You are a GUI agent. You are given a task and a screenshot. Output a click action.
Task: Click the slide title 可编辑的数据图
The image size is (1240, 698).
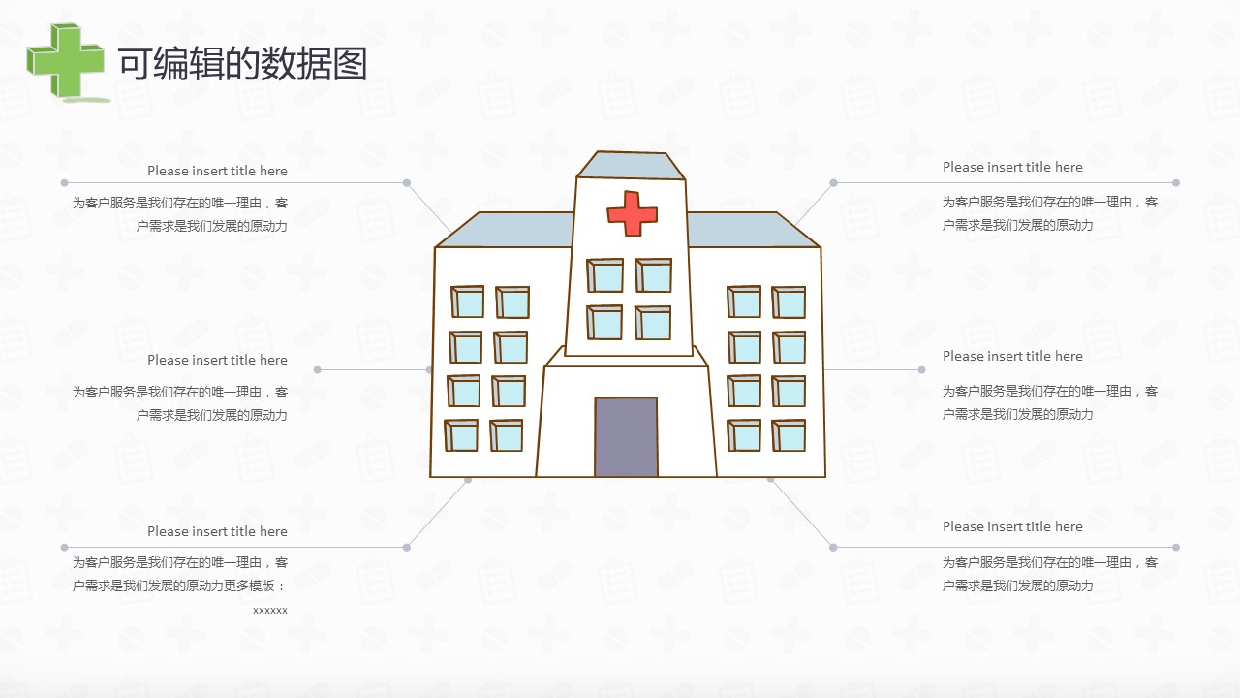[x=242, y=64]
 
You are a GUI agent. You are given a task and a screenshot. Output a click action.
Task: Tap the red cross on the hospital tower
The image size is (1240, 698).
[x=633, y=213]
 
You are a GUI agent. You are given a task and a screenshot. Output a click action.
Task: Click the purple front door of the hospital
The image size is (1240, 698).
[x=626, y=436]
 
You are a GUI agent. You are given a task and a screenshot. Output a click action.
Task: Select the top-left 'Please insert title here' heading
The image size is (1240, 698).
[x=217, y=171]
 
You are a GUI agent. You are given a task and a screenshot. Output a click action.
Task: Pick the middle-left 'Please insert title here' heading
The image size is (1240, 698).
[x=217, y=360]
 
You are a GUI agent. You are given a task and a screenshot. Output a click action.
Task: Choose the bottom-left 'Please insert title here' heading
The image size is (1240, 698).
[x=217, y=531]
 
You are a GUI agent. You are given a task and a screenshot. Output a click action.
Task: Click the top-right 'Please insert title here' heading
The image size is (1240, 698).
[x=1012, y=167]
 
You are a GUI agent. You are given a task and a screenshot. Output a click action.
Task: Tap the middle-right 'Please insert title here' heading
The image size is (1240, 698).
[x=1012, y=356]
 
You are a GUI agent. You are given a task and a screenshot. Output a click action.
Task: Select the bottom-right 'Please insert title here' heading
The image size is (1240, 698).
[x=1012, y=526]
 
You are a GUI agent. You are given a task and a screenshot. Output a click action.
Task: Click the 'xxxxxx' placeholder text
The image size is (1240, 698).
[x=270, y=611]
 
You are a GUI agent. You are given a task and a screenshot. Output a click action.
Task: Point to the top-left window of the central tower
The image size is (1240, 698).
[x=605, y=275]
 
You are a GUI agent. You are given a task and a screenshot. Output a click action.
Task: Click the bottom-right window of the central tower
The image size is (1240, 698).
[x=653, y=323]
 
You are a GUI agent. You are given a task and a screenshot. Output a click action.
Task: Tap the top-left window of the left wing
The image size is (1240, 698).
[x=468, y=301]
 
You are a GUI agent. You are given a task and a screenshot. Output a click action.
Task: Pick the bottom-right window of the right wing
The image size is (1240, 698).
[x=789, y=435]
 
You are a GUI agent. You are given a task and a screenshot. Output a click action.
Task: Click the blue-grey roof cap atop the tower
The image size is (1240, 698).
[x=631, y=165]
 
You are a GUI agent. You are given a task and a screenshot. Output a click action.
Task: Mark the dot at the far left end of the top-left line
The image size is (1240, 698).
[x=64, y=183]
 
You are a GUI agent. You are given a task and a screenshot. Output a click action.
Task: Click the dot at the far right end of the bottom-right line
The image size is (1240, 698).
[x=1176, y=548]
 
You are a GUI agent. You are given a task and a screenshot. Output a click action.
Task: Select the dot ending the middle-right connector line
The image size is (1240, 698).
[x=921, y=370]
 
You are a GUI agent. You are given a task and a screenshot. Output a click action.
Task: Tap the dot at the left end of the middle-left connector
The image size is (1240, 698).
[x=317, y=370]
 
